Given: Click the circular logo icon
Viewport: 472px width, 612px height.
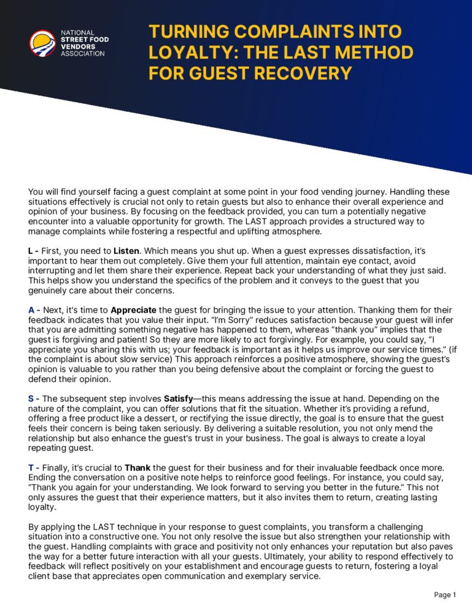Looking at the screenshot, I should pyautogui.click(x=42, y=43).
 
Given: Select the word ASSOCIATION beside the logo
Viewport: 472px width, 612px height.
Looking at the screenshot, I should pyautogui.click(x=83, y=54).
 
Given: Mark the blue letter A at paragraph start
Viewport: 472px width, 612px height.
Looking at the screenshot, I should pyautogui.click(x=32, y=310).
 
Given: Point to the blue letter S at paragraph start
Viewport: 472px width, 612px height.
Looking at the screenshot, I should pyautogui.click(x=31, y=399).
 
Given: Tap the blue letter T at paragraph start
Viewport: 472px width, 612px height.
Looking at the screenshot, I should pyautogui.click(x=31, y=467).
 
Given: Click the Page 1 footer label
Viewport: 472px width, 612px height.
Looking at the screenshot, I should pyautogui.click(x=445, y=595).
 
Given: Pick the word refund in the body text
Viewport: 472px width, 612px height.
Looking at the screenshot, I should pyautogui.click(x=424, y=408).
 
